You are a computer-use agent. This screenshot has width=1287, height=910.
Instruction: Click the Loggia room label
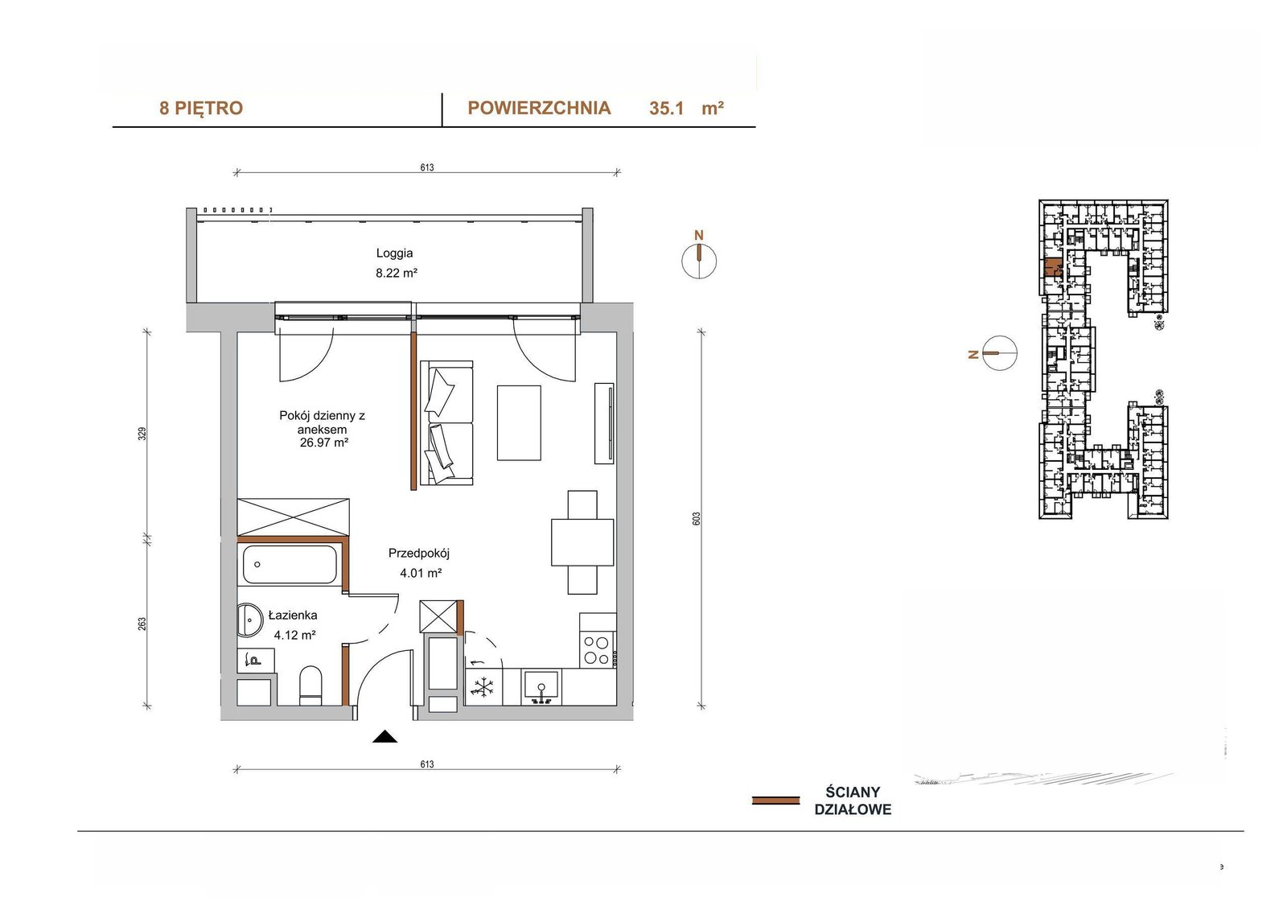(394, 253)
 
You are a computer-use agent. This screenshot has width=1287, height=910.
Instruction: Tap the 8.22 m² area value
(397, 273)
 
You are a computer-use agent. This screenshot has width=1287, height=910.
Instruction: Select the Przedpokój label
(419, 554)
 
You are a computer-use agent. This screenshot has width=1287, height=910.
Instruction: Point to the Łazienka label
(293, 615)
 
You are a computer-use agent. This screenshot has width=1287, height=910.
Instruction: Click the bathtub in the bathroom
(290, 565)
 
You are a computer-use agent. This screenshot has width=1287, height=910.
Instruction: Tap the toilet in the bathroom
(310, 686)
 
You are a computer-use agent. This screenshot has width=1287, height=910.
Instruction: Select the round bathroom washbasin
(249, 620)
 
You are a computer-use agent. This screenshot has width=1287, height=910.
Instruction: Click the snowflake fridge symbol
(483, 687)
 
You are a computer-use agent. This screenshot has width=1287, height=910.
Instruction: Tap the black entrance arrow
(384, 736)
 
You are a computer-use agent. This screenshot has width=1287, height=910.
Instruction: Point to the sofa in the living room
(446, 423)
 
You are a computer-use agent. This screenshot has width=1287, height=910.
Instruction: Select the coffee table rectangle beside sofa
(519, 422)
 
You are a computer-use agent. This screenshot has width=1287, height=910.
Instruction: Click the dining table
(582, 542)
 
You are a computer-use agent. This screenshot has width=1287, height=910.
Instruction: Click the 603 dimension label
(697, 519)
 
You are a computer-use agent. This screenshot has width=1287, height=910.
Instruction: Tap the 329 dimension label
(142, 434)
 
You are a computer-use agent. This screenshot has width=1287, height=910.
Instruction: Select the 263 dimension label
(142, 624)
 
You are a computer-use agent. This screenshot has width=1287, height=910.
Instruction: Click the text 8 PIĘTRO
(201, 108)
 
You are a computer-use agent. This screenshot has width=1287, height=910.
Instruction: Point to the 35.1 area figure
(666, 108)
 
